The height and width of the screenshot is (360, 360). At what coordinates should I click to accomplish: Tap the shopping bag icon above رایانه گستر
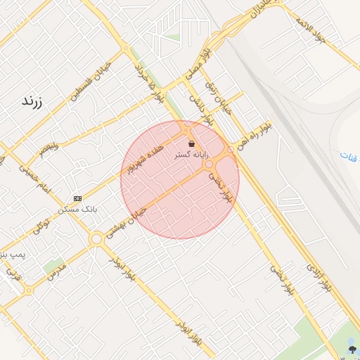(x=191, y=143)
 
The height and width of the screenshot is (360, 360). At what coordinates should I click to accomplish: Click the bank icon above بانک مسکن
(x=77, y=198)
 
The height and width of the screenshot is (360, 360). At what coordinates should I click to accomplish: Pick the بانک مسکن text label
(x=79, y=209)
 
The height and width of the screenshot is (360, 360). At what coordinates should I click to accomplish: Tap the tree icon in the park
(x=351, y=347)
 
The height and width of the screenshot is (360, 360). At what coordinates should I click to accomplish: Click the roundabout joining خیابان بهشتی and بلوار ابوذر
(x=96, y=239)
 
